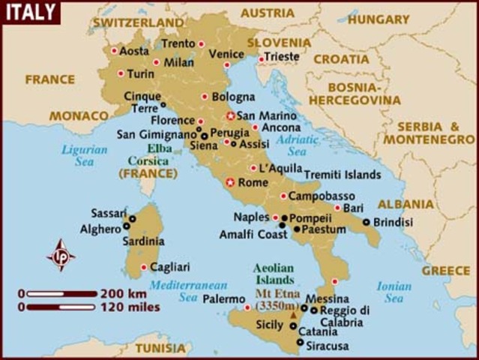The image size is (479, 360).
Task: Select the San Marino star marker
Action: click(x=231, y=115)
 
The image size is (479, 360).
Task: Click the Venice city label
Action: click(x=226, y=54)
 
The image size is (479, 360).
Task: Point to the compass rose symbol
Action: click(x=61, y=255)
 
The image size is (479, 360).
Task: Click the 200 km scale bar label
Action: click(x=124, y=293)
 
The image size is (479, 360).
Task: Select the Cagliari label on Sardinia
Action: click(x=170, y=266)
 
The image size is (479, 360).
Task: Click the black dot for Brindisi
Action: click(x=366, y=222)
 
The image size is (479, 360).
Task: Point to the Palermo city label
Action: click(x=223, y=298)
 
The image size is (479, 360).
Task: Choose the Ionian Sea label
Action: click(x=394, y=292)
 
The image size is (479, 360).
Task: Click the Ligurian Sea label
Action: click(x=85, y=156)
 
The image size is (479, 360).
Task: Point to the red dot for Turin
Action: click(x=121, y=73)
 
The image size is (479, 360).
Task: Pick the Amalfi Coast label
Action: click(x=253, y=234)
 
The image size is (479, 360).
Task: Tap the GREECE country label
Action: click(x=446, y=271)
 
